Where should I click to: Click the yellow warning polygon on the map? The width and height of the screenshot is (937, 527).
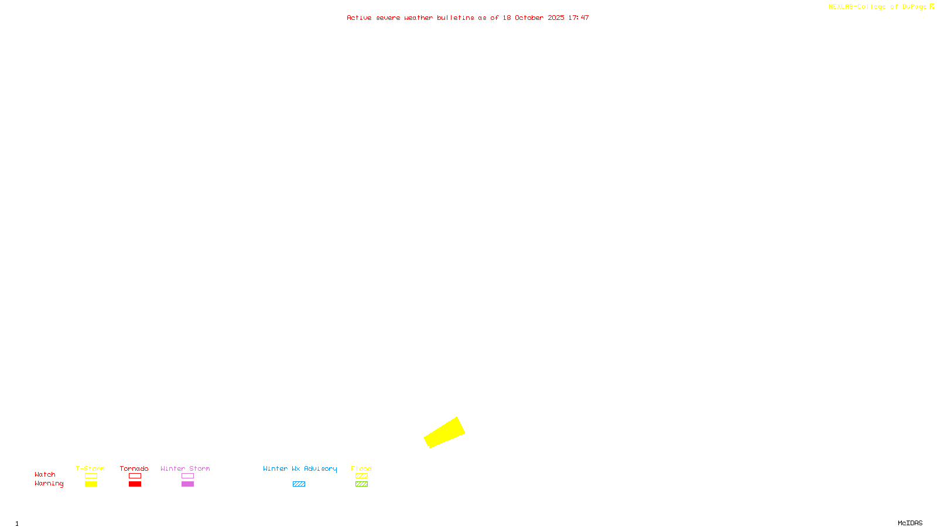click(x=444, y=433)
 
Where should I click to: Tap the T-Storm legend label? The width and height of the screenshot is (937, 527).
click(x=90, y=468)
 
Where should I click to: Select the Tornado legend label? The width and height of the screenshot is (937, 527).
click(x=134, y=468)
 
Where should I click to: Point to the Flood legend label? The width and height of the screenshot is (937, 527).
click(x=361, y=468)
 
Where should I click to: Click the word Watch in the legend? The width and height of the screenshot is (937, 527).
click(x=45, y=474)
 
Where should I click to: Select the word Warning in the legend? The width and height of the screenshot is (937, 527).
click(x=49, y=484)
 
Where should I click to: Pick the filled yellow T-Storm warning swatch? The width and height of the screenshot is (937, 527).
click(x=91, y=484)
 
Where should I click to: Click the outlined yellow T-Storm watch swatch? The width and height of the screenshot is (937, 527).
click(x=91, y=476)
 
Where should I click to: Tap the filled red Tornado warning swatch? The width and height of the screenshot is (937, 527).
click(x=135, y=484)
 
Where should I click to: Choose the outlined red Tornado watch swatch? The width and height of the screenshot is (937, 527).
click(x=135, y=476)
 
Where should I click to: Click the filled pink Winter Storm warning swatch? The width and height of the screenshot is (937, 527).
click(x=187, y=484)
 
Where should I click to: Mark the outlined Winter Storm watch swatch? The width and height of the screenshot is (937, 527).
click(x=187, y=476)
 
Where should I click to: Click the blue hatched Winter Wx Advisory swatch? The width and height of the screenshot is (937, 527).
click(x=299, y=484)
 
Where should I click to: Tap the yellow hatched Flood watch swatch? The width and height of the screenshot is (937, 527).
click(x=361, y=476)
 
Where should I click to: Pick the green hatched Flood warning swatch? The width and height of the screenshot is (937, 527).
click(x=361, y=484)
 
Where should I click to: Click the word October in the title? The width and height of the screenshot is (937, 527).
click(x=529, y=18)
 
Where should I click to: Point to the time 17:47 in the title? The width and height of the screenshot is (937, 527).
click(x=579, y=18)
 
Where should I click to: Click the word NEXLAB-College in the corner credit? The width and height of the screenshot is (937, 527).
click(x=857, y=6)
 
